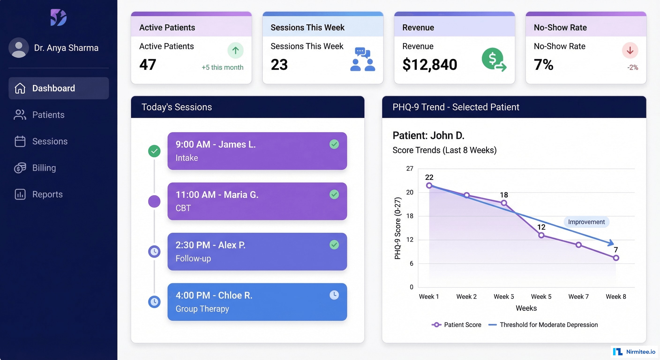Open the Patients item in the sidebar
click(x=48, y=115)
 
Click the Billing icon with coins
click(x=20, y=168)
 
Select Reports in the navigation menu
click(x=47, y=194)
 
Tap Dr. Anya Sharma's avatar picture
click(x=19, y=48)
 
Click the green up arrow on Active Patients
click(x=235, y=50)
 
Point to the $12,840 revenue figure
click(x=430, y=64)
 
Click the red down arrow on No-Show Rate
click(x=630, y=50)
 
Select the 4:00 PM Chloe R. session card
click(x=257, y=302)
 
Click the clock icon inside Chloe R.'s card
click(x=334, y=295)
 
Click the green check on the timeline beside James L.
click(x=154, y=151)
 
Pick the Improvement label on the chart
click(x=586, y=222)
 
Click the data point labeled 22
click(x=429, y=185)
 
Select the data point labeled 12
click(x=541, y=235)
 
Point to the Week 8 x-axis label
click(x=616, y=296)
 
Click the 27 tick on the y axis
click(x=409, y=168)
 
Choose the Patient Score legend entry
click(x=456, y=325)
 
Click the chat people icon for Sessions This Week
click(x=363, y=60)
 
